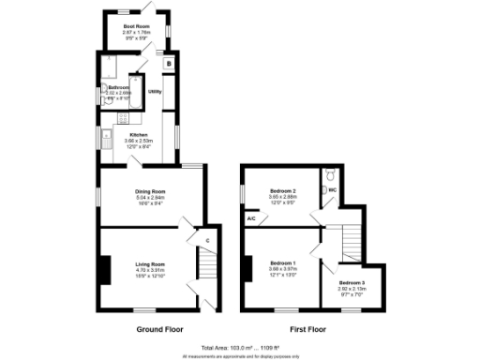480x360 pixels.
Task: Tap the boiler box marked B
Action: point(169,64)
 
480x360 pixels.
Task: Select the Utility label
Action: point(156,92)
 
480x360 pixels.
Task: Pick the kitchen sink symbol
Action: point(101,141)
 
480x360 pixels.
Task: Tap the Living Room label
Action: point(150,264)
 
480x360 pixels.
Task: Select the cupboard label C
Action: point(206,240)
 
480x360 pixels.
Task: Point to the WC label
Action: point(332,190)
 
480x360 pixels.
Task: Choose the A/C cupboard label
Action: point(251,219)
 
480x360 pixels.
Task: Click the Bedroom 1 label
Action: point(282,263)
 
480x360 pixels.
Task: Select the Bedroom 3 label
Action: point(352,283)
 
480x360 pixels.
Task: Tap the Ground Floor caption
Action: point(161,329)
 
